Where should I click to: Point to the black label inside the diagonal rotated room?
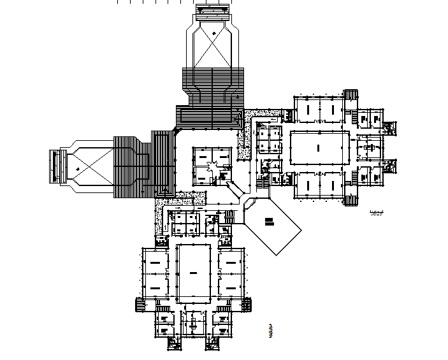pyautogui.click(x=269, y=222)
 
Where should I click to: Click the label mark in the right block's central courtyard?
pyautogui.click(x=317, y=147)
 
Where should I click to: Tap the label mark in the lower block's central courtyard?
pyautogui.click(x=192, y=272)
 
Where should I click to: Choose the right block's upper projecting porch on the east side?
pyautogui.click(x=389, y=127)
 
